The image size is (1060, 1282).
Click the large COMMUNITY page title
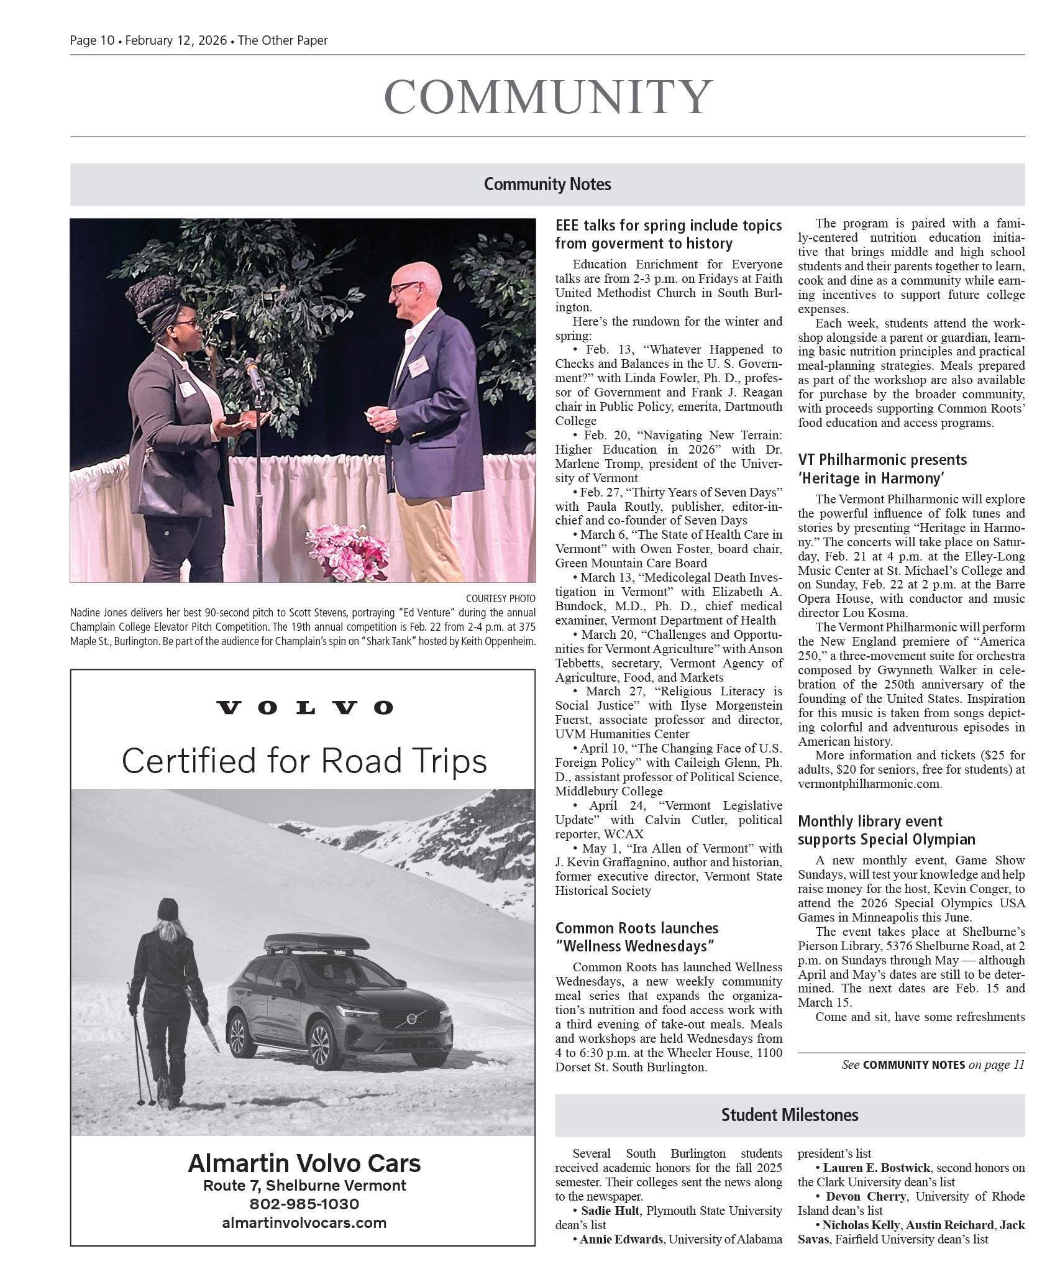point(547,97)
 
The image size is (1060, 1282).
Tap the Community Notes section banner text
point(547,185)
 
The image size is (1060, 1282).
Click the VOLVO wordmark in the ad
point(304,708)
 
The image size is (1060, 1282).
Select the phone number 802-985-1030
point(304,1204)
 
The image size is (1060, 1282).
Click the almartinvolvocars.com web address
point(304,1223)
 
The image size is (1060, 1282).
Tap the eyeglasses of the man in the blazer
point(405,287)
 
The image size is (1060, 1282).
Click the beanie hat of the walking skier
point(168,909)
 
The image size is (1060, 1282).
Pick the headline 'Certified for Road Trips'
point(304,761)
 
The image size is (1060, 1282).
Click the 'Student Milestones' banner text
point(789,1115)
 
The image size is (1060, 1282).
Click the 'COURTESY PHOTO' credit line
point(500,598)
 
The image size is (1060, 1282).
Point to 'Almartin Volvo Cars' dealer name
point(304,1163)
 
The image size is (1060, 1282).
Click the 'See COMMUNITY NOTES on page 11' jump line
point(932,1065)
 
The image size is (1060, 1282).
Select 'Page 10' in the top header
point(92,40)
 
